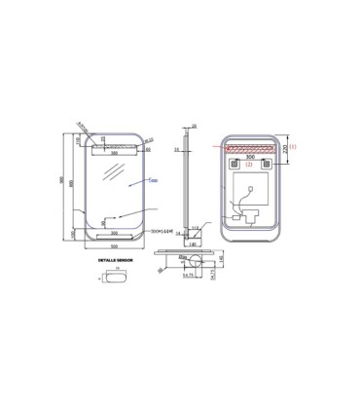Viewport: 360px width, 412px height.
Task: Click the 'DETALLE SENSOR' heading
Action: tap(115, 262)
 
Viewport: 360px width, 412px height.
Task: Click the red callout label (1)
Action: tap(292, 146)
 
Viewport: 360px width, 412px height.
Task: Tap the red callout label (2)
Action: tap(251, 165)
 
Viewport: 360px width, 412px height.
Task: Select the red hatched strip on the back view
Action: tap(250, 150)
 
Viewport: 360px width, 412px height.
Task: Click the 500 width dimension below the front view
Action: tap(114, 246)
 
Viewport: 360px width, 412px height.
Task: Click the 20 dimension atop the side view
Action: tap(194, 126)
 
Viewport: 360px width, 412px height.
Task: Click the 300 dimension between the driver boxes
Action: tap(250, 158)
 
